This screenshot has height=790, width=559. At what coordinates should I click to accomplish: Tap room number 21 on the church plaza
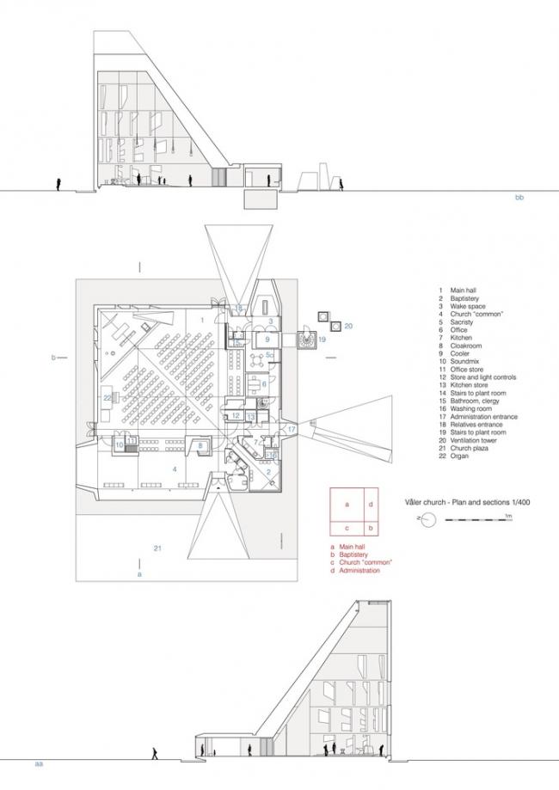click(157, 547)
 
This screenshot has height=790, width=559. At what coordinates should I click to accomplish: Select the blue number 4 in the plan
click(175, 468)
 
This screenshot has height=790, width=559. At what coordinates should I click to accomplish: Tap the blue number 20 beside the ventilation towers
click(347, 327)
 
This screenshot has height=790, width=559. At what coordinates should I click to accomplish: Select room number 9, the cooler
click(267, 340)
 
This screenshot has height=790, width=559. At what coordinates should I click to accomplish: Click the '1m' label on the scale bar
click(508, 514)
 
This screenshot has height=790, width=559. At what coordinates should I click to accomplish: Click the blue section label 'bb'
click(519, 199)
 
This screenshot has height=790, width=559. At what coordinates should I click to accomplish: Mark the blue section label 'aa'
click(39, 762)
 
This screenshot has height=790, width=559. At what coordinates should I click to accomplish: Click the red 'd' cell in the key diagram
click(371, 505)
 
